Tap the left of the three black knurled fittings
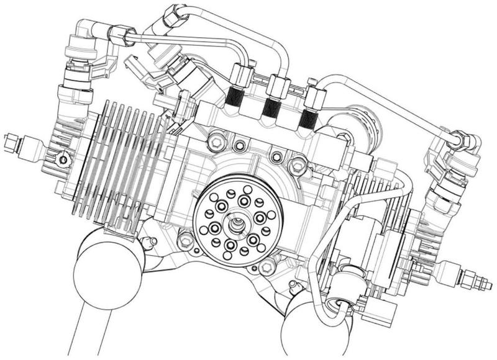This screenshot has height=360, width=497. coord(235,98)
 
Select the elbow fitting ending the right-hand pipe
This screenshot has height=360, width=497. coord(462,142)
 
